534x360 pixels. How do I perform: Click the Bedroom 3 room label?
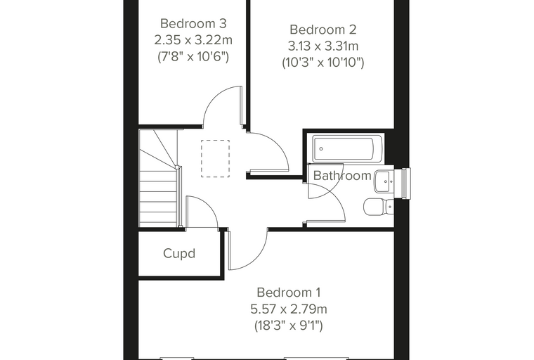[193, 23]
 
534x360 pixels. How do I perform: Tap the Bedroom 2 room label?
[323, 30]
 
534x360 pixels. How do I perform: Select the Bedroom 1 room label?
[289, 292]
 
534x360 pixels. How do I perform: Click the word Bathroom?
[342, 176]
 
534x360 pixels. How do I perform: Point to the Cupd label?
[179, 254]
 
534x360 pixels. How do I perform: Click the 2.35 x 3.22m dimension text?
[193, 40]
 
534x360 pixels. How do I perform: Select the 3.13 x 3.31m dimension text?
[323, 46]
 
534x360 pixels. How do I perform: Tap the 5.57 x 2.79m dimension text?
[289, 309]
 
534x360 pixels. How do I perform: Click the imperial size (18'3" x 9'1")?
[289, 326]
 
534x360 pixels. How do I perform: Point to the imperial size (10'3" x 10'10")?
[323, 63]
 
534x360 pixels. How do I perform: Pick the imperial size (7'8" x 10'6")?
[193, 56]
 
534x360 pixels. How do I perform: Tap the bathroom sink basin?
[384, 181]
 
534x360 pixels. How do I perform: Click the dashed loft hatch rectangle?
[215, 158]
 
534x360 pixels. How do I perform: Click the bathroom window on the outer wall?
[406, 183]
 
